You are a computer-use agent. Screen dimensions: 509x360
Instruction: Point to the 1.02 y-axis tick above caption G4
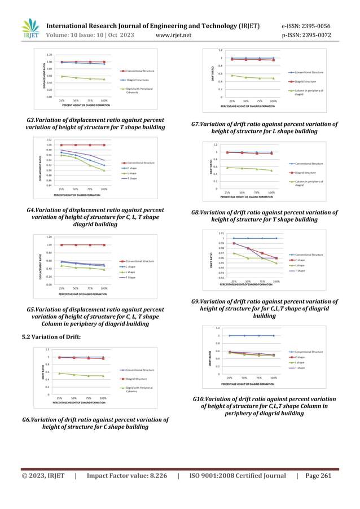point(49,139)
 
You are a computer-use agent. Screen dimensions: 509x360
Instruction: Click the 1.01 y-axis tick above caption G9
point(222,232)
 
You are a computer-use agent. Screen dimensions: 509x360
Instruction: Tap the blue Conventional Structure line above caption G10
point(251,335)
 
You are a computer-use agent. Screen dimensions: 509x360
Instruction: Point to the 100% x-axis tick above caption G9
point(276,280)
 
